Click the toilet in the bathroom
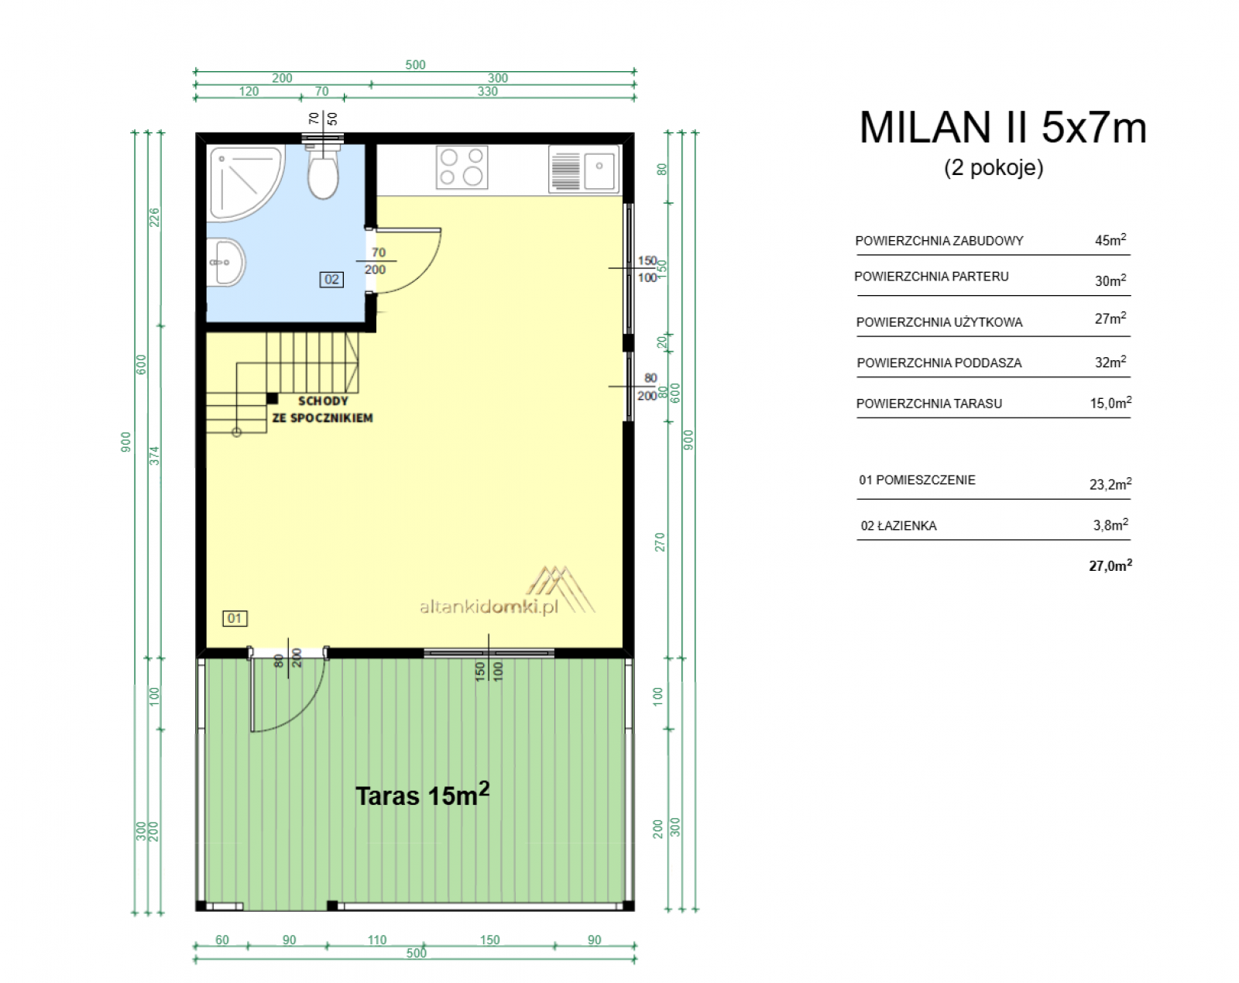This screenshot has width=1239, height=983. [x=323, y=172]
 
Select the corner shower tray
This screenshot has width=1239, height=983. [x=245, y=183]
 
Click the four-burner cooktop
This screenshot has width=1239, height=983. [x=462, y=167]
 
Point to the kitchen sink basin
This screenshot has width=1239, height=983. [x=599, y=170]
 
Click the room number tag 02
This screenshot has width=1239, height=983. [x=331, y=280]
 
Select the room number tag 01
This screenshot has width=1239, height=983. [x=235, y=618]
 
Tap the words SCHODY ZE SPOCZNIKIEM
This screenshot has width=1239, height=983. [x=323, y=410]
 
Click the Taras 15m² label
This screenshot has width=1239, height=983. [x=423, y=795]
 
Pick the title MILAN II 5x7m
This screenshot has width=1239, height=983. [x=1003, y=127]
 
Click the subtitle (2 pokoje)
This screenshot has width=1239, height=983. [x=994, y=167]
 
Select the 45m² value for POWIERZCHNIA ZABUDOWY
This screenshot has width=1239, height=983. [x=1110, y=239]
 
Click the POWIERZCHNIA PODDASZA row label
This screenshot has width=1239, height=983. [x=939, y=363]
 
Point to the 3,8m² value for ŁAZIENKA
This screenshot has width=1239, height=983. [x=1110, y=524]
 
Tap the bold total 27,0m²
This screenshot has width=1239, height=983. [x=1110, y=565]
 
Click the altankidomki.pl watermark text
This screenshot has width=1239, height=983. [x=489, y=607]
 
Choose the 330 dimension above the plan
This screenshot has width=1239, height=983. [x=488, y=91]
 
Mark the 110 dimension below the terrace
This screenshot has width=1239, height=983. [x=377, y=940]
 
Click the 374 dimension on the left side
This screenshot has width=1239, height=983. [x=154, y=456]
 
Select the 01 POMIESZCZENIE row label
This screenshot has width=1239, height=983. [x=917, y=479]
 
